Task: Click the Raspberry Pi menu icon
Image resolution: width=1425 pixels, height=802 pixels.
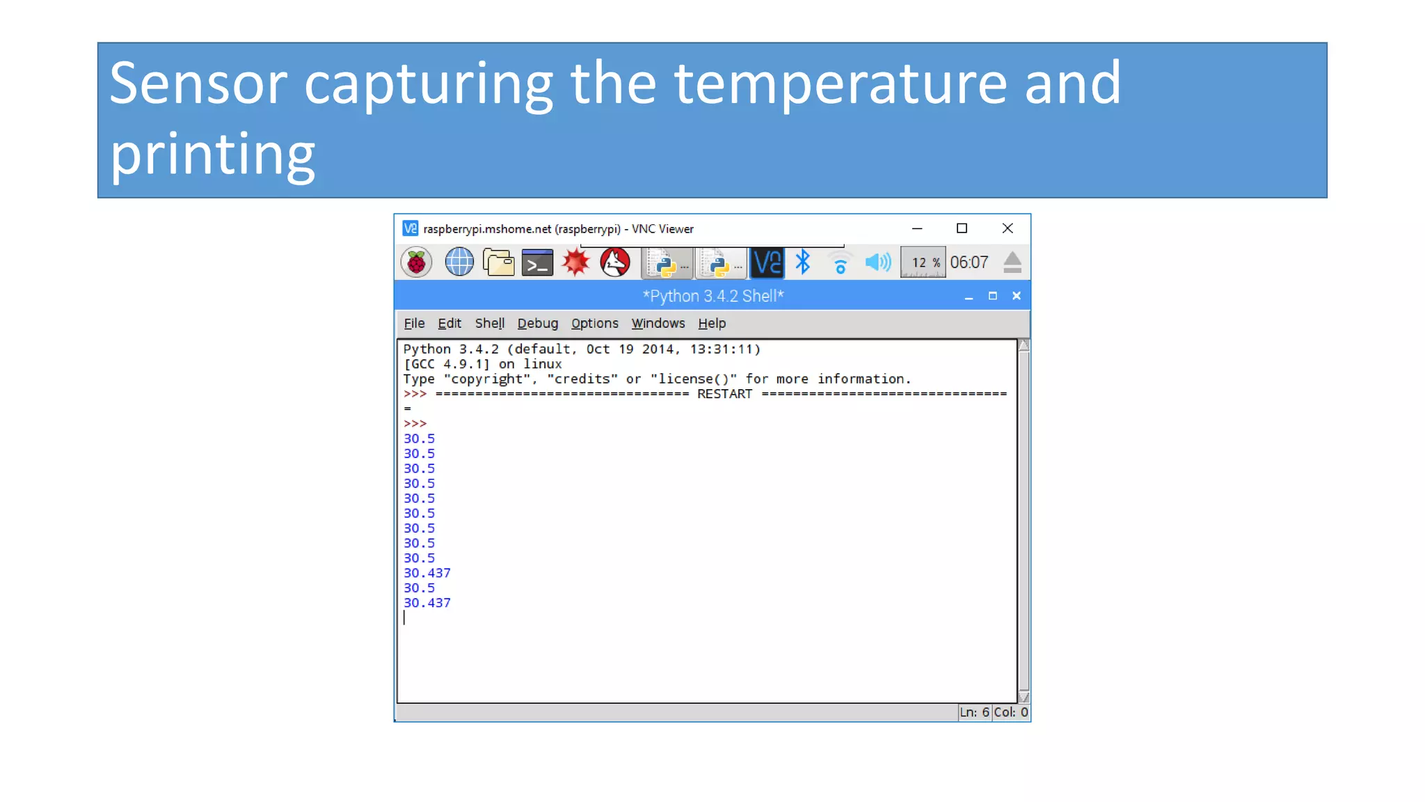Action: click(416, 262)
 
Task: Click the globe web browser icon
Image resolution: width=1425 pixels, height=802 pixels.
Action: click(459, 262)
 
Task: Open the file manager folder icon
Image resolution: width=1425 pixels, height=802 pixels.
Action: click(498, 262)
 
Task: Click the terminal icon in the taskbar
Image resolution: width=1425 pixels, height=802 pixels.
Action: click(537, 263)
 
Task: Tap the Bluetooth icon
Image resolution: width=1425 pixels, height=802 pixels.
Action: click(803, 262)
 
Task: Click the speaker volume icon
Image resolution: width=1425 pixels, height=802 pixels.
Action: click(877, 262)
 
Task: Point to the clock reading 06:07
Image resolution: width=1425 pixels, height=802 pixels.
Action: click(969, 262)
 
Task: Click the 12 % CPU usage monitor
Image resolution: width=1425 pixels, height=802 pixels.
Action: click(923, 262)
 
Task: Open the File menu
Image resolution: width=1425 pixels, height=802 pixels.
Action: click(414, 323)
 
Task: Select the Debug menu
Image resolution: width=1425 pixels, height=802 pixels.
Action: click(537, 323)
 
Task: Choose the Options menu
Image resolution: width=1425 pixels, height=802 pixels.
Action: click(594, 323)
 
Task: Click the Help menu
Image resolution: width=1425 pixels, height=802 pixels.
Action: click(712, 323)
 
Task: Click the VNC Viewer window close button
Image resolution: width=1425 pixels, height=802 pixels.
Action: click(1007, 228)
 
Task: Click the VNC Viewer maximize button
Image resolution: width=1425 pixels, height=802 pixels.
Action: click(962, 228)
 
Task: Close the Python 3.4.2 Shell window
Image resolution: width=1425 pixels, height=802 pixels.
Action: click(1017, 296)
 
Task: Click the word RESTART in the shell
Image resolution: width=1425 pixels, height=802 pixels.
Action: click(724, 394)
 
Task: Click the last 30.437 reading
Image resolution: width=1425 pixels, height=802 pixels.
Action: click(427, 603)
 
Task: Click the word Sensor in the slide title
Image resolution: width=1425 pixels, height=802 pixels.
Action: click(198, 84)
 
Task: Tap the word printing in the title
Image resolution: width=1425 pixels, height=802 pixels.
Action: click(213, 155)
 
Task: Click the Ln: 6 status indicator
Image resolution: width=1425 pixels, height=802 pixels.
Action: click(974, 712)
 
